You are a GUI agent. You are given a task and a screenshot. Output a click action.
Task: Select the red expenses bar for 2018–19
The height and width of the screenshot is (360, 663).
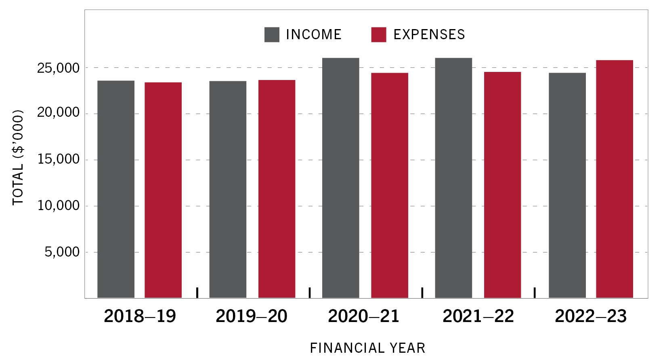pos(163,190)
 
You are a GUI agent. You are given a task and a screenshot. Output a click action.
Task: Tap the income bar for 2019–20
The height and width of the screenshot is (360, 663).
pos(228,189)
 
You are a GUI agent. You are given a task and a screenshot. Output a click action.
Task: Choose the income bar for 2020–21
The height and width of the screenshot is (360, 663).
pos(340,178)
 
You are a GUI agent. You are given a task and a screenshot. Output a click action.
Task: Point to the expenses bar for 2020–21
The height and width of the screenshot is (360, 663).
pos(390,185)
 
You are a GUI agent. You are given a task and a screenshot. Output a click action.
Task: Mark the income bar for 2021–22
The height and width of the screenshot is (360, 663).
pos(453,178)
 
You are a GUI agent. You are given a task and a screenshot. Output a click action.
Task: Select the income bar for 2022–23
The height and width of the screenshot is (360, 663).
pos(567,185)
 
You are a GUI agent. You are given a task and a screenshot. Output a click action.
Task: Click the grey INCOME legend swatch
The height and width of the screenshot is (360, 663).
pos(272,35)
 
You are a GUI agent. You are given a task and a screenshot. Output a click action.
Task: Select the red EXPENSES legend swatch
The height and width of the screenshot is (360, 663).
pos(378,35)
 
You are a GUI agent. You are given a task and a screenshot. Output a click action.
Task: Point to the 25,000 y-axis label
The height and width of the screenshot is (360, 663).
pos(59,68)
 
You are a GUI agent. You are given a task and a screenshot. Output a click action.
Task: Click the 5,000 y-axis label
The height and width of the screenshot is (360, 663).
pos(62,252)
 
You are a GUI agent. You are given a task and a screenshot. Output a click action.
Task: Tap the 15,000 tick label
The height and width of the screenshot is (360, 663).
pos(59,160)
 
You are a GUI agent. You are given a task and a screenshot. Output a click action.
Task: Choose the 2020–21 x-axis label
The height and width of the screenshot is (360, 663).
pos(364,316)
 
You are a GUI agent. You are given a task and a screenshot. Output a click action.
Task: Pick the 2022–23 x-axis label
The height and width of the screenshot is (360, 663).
pos(591,316)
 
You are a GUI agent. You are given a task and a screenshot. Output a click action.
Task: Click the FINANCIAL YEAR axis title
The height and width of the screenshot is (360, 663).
pos(367,348)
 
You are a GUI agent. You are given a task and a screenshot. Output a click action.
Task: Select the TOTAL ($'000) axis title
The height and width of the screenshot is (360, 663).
pos(18,158)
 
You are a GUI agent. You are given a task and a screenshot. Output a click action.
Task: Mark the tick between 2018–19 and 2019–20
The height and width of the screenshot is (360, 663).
pos(197,293)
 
